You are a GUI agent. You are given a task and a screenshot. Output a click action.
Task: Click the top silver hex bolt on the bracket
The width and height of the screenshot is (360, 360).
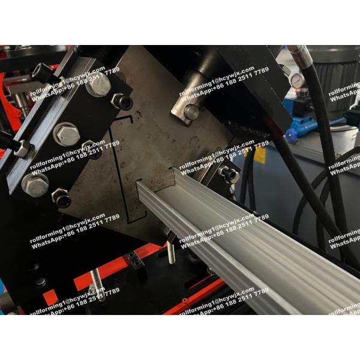[98, 85]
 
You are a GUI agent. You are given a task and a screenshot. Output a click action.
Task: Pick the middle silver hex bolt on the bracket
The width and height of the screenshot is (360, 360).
[67, 133]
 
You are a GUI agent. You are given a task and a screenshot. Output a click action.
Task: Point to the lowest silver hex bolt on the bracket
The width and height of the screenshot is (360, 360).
[35, 184]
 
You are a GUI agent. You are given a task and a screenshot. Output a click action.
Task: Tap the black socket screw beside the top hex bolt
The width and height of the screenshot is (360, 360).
[122, 102]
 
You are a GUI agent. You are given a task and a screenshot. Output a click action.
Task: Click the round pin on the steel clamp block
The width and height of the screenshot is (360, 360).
[191, 112]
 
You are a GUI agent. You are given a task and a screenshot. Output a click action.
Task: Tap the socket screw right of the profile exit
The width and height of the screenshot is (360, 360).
[229, 174]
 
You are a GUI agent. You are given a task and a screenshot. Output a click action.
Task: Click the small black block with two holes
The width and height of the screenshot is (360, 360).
[135, 260]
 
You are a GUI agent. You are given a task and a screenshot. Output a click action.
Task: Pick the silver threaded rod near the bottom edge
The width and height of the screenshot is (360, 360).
[96, 282]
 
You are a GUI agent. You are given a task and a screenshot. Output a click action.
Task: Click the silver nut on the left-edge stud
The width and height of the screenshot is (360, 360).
[22, 148]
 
